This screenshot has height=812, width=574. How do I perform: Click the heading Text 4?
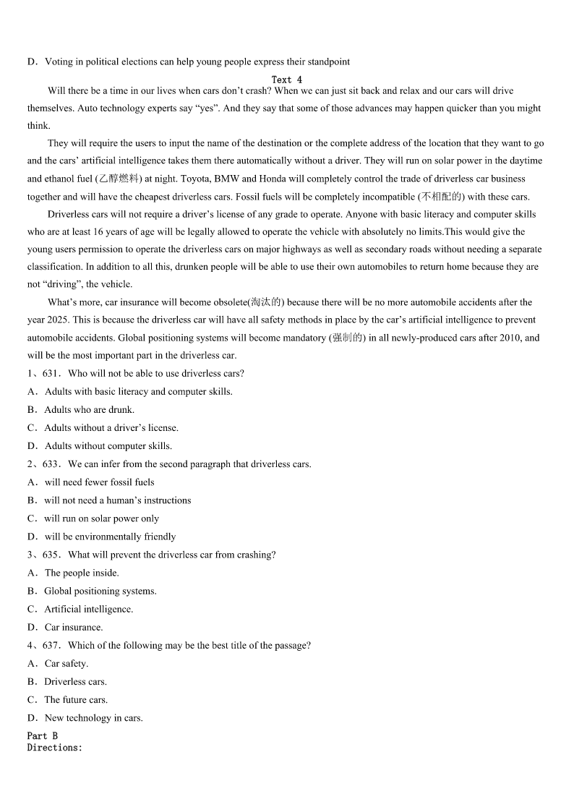coord(287,80)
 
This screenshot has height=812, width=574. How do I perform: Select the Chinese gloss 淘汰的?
coord(265,302)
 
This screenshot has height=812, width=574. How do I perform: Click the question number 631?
coord(51,373)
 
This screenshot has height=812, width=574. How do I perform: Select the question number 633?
coord(51,463)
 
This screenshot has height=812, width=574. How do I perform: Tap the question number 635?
coord(51,555)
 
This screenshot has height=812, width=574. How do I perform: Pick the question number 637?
coord(51,645)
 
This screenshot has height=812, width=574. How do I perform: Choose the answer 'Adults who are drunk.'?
coord(89,409)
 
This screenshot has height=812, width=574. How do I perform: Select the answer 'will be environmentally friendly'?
coord(110,537)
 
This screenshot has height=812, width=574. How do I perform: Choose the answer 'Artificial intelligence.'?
coord(89,609)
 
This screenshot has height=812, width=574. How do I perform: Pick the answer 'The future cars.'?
coord(76,699)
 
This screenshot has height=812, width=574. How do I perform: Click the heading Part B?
coord(43,735)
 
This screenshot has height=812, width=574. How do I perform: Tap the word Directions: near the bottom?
coord(55,747)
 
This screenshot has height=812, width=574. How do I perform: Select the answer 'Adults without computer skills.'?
coord(108,445)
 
